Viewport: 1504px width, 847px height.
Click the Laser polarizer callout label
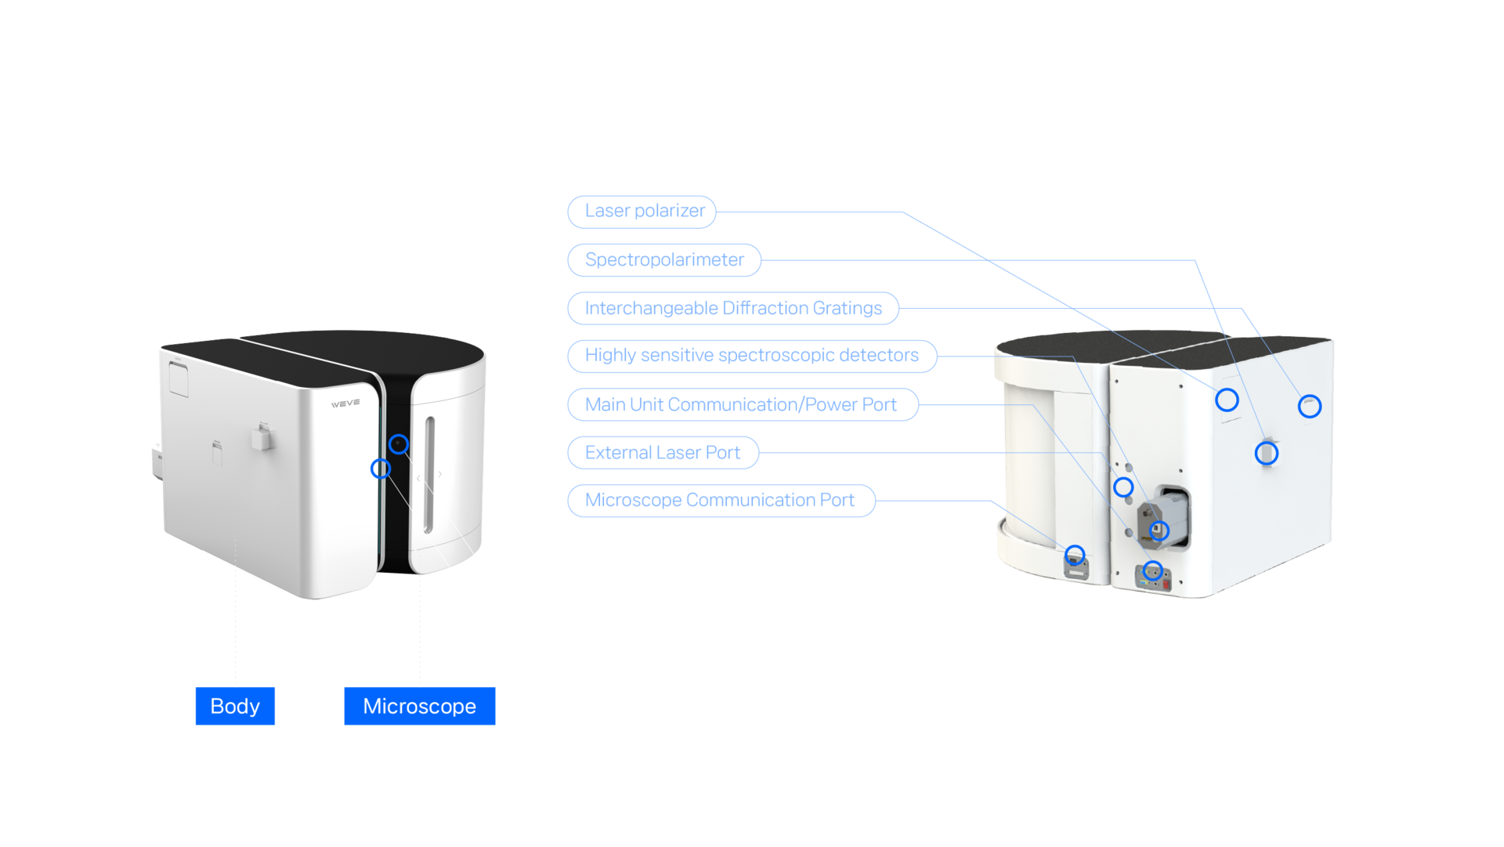click(x=642, y=212)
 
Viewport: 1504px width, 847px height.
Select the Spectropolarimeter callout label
click(x=664, y=260)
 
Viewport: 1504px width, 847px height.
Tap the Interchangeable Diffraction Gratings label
click(x=733, y=309)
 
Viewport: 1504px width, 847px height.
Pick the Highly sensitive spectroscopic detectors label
click(x=751, y=357)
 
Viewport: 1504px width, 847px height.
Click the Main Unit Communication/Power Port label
click(x=741, y=405)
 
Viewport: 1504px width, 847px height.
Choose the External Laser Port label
click(x=663, y=453)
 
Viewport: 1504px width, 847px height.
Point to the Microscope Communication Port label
click(x=720, y=501)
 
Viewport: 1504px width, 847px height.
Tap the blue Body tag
click(x=235, y=707)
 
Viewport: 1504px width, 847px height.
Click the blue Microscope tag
click(x=419, y=707)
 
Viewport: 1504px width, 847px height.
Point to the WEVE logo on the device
click(x=345, y=404)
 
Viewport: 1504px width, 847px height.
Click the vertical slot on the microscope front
click(x=429, y=475)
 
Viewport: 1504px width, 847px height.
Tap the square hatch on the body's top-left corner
click(x=178, y=378)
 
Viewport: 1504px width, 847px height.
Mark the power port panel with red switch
click(x=1153, y=577)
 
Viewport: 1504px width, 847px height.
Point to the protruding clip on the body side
click(x=261, y=436)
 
